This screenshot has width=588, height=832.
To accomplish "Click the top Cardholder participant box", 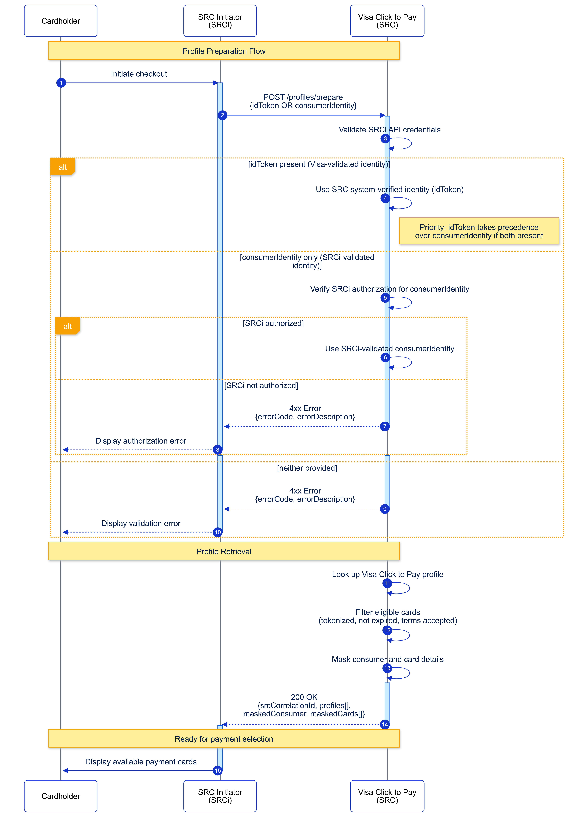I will [x=61, y=21].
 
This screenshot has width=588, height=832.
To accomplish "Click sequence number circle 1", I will [x=61, y=83].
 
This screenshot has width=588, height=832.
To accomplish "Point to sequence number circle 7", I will [x=385, y=426].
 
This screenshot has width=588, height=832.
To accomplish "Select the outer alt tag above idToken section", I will [x=62, y=167].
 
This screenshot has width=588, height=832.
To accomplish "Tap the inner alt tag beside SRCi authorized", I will [x=67, y=326].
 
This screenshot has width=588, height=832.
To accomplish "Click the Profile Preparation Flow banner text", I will [x=224, y=51].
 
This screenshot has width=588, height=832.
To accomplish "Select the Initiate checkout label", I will [x=139, y=74].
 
